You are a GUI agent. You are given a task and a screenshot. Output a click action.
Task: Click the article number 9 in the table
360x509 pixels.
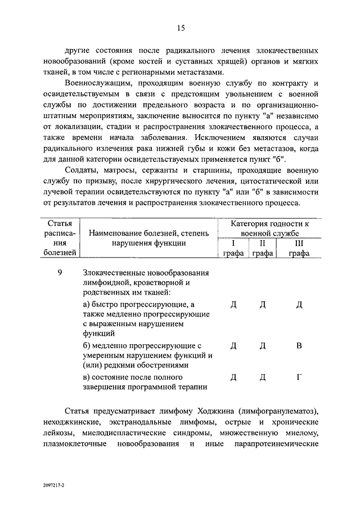click(x=60, y=273)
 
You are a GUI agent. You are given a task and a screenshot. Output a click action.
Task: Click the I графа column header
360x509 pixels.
click(x=233, y=248)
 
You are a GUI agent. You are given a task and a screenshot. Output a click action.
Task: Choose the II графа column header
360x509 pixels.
click(x=262, y=248)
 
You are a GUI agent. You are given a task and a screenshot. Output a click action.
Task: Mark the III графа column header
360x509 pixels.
click(x=299, y=248)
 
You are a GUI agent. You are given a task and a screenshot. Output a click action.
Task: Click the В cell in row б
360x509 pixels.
click(x=299, y=345)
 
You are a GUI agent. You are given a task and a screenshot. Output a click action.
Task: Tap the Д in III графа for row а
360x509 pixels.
click(x=299, y=304)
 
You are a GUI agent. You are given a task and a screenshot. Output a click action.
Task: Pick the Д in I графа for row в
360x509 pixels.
click(x=233, y=377)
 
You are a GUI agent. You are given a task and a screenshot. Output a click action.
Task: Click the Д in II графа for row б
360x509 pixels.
click(x=262, y=345)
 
